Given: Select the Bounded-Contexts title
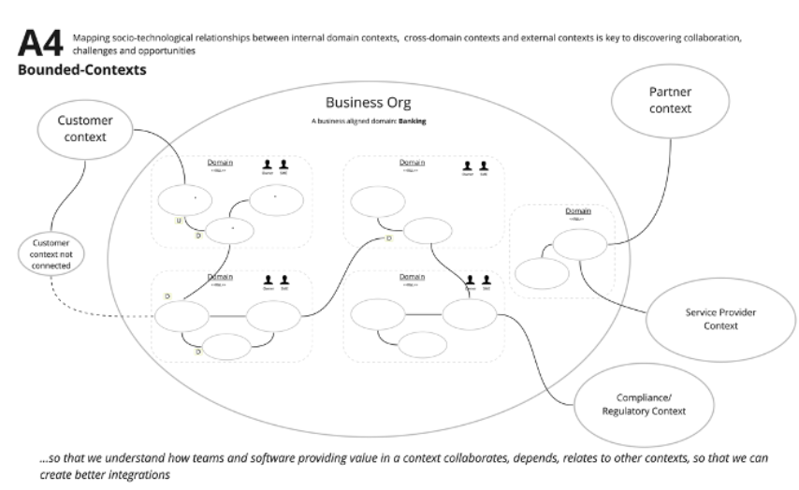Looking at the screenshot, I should tap(81, 70).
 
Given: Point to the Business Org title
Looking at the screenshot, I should tap(368, 102).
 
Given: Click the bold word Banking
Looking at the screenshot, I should tap(413, 122).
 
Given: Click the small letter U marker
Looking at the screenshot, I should tap(178, 222).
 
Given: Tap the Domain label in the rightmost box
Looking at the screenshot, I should tap(578, 211).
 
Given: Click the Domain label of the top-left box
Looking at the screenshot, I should tap(220, 163).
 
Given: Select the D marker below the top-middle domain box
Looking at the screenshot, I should tap(388, 239).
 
